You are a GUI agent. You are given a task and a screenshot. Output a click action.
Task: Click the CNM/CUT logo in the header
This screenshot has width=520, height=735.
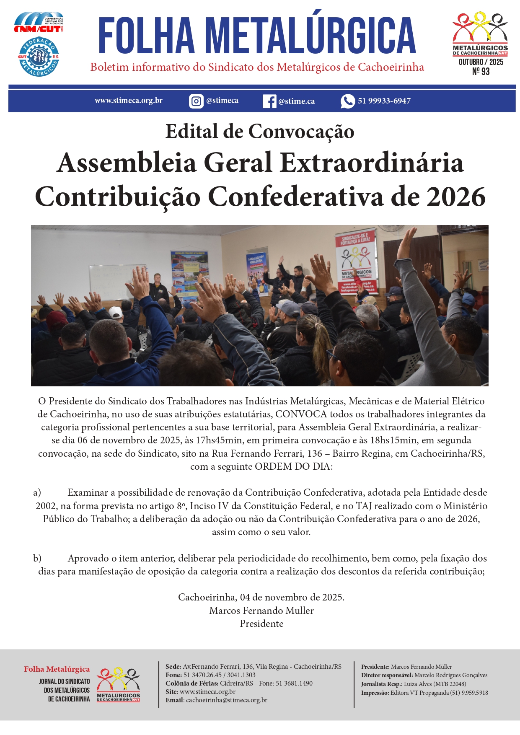(39, 23)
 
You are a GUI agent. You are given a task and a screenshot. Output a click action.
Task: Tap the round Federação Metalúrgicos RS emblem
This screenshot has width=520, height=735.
(39, 57)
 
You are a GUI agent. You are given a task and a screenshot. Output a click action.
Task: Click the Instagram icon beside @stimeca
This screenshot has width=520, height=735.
(196, 101)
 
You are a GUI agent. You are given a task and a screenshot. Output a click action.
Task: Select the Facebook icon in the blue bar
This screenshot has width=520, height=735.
(269, 101)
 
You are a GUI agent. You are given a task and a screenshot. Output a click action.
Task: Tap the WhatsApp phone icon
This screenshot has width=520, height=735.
(347, 101)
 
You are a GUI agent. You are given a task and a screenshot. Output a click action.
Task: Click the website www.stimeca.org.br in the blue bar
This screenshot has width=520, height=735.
(128, 101)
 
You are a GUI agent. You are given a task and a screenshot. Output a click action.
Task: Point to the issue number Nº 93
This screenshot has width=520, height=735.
(481, 72)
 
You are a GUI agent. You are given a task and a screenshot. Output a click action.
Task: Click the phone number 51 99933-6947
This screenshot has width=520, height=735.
(384, 101)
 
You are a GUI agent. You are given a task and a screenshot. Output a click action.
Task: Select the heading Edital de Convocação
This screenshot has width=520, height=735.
(260, 132)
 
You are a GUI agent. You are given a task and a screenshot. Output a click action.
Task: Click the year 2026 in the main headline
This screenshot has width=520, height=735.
(456, 197)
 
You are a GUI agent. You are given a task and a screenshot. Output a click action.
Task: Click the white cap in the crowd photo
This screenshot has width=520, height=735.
(116, 312)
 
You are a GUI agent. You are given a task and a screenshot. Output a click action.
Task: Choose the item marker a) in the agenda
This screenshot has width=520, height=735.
(37, 492)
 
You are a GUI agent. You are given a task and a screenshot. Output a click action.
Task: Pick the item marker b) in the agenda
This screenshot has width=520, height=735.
(37, 558)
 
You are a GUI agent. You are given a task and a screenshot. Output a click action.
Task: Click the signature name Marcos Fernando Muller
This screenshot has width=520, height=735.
(261, 611)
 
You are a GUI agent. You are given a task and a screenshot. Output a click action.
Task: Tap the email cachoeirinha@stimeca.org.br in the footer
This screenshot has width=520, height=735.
(226, 700)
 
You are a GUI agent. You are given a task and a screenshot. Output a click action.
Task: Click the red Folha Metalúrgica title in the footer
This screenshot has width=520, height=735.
(57, 669)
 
